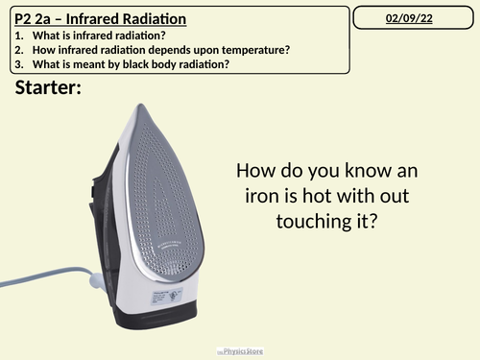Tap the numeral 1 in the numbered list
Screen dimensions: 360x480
19,36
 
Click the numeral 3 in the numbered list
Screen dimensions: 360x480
19,64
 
